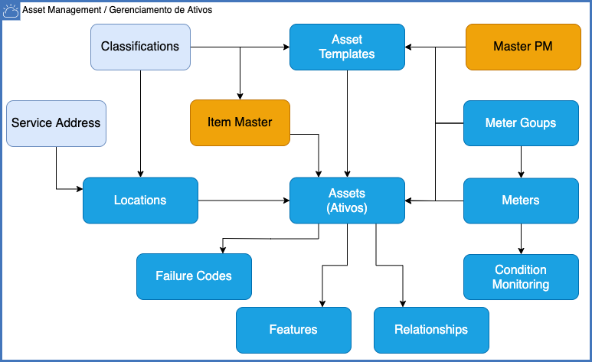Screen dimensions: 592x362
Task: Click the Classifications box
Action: pos(140,47)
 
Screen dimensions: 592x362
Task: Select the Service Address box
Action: pos(56,123)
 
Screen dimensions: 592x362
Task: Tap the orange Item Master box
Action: pos(240,122)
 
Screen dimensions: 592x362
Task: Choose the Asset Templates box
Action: pos(348,47)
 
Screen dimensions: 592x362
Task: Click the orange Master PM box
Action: pos(523,47)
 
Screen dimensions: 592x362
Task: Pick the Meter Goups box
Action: pos(521,123)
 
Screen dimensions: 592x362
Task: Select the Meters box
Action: pos(521,201)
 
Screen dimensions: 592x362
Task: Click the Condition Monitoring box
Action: pos(521,277)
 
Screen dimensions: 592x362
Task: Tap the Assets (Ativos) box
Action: pos(348,201)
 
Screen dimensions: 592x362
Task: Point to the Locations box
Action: pos(140,201)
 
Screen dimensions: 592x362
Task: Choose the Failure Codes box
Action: pos(194,277)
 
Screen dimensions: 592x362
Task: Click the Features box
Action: pos(294,331)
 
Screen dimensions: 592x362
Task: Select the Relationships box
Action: pos(431,331)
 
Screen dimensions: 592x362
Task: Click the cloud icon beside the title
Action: pos(11,11)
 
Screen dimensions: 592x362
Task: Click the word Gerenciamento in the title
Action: pos(139,10)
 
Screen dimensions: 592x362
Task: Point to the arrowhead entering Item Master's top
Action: pos(240,96)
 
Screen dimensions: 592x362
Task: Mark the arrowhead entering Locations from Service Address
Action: pos(80,189)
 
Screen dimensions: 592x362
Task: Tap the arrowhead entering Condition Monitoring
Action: pos(521,251)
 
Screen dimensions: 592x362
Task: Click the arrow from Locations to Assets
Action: pos(244,201)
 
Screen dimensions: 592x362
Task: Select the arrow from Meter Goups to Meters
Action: pos(521,162)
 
